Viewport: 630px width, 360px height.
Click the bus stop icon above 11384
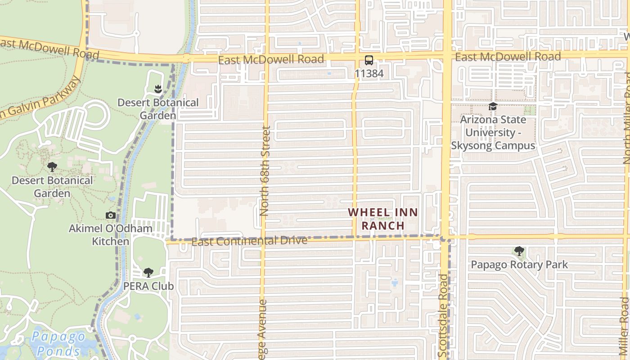pos(369,60)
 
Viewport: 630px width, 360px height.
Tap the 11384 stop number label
pos(369,73)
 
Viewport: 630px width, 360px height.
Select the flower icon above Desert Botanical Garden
pos(157,89)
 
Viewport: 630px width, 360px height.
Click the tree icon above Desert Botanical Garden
pos(52,167)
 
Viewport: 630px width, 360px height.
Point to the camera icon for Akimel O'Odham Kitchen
pos(110,216)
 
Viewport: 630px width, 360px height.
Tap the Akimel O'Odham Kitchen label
pos(110,235)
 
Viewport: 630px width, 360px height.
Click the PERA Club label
pos(148,286)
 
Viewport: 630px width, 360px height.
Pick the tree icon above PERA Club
pos(148,273)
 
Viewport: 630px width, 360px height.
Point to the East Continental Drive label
pos(249,241)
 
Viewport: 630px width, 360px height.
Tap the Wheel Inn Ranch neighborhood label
pos(383,219)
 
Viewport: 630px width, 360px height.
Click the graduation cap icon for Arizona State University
pos(493,107)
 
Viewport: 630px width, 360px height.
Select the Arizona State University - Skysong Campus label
pos(493,133)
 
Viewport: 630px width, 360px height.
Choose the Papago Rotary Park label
pos(519,265)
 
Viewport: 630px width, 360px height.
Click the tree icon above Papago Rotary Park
pos(519,251)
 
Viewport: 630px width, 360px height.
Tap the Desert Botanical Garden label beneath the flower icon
pos(158,109)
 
